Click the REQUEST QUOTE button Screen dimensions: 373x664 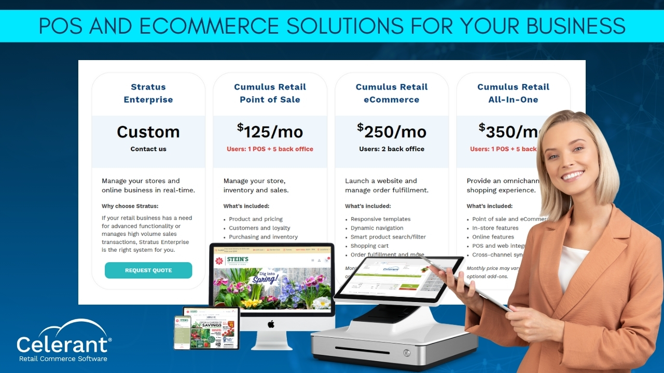coord(148,270)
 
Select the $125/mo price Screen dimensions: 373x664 coord(270,132)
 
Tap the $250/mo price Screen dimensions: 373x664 coord(392,132)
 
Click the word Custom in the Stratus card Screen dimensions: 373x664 coord(148,132)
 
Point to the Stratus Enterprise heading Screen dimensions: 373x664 coord(148,93)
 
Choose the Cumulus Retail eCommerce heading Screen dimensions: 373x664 coord(392,93)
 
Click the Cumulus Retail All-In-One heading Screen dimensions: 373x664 coord(513,93)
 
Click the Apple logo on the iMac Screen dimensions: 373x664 coord(270,324)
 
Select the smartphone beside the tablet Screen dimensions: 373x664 coord(182,332)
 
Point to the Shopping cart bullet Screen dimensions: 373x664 coord(369,246)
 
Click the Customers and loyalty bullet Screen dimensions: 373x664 coord(259,228)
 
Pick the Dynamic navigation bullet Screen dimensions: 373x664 coord(377,228)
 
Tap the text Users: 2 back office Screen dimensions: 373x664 coord(392,149)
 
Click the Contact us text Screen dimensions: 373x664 coord(148,149)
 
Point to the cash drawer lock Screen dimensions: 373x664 coord(407,353)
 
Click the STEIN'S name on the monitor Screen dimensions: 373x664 coord(238,260)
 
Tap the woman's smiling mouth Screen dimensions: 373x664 coord(572,176)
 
